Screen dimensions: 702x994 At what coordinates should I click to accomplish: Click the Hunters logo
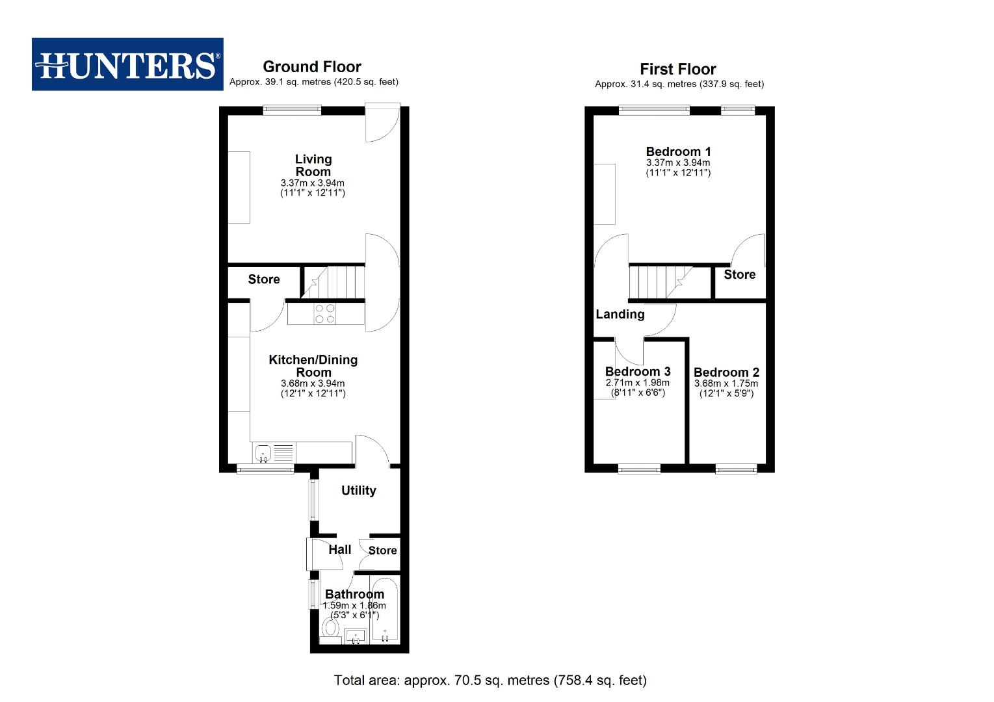(127, 64)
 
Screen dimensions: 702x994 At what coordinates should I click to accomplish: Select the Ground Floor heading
(312, 66)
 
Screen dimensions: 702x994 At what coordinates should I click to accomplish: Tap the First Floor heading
(678, 69)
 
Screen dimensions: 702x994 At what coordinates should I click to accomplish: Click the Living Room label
(313, 165)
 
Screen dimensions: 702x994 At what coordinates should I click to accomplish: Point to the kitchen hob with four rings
(325, 314)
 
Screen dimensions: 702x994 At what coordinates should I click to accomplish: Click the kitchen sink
(263, 452)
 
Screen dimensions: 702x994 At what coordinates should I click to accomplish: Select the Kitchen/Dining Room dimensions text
(313, 388)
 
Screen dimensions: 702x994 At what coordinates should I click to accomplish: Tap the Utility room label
(358, 491)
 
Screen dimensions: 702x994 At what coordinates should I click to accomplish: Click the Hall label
(339, 550)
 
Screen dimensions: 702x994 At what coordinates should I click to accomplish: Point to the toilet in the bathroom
(331, 629)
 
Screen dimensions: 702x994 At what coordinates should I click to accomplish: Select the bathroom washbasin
(356, 636)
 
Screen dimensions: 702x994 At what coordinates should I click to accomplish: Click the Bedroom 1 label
(678, 151)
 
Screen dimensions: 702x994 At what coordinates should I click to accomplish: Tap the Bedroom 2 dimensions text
(726, 388)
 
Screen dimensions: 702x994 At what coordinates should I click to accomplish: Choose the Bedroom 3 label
(638, 372)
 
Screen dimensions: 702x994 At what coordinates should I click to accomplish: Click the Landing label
(620, 315)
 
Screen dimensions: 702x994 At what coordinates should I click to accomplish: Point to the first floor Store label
(740, 275)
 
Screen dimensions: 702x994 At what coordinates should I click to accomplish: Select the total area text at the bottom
(490, 681)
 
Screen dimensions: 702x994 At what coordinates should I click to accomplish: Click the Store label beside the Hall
(382, 551)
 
